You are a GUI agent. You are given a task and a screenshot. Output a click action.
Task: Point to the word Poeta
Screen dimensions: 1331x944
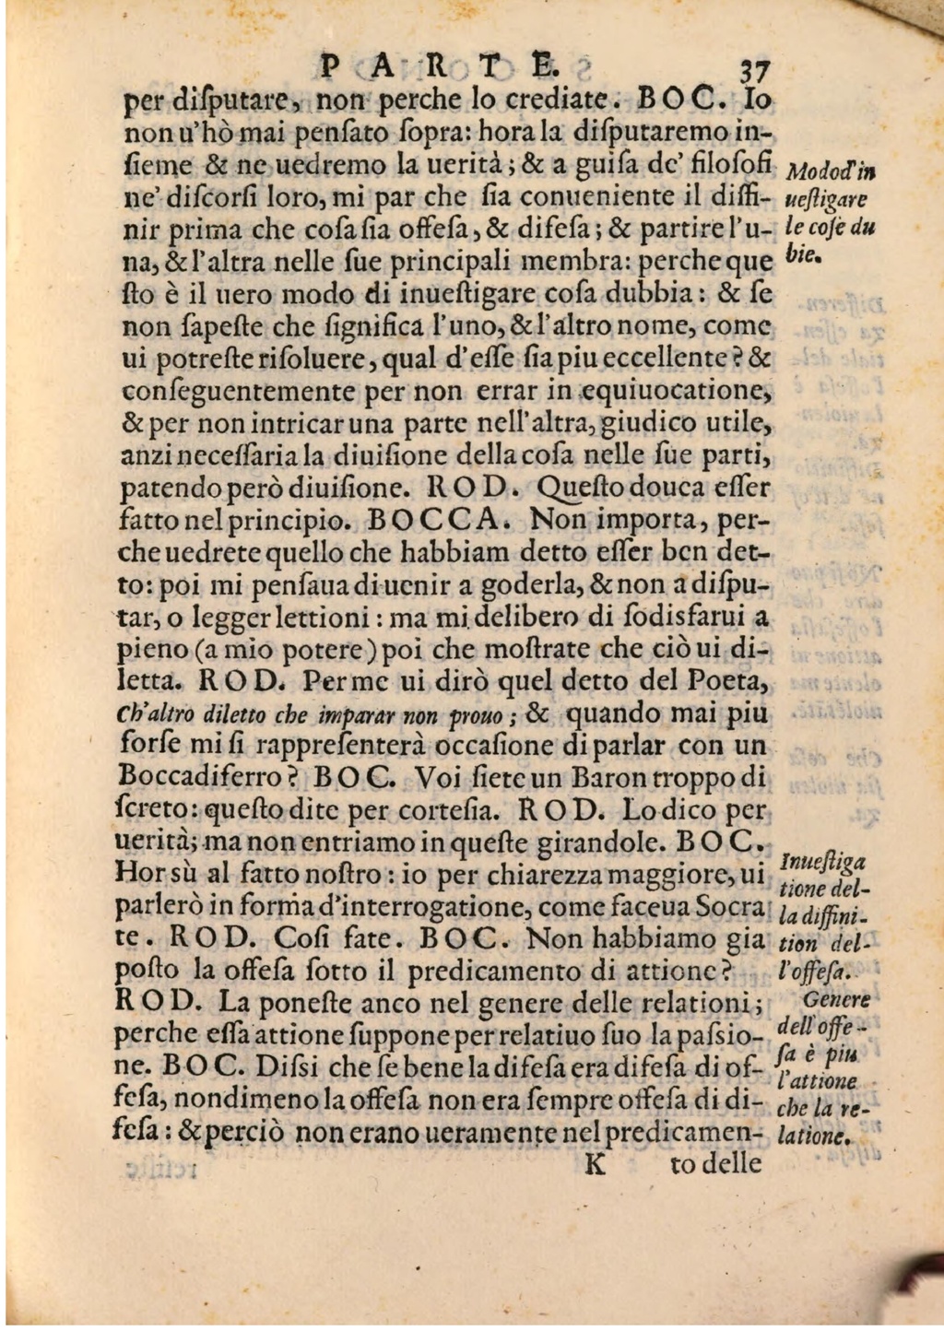coord(729,683)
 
